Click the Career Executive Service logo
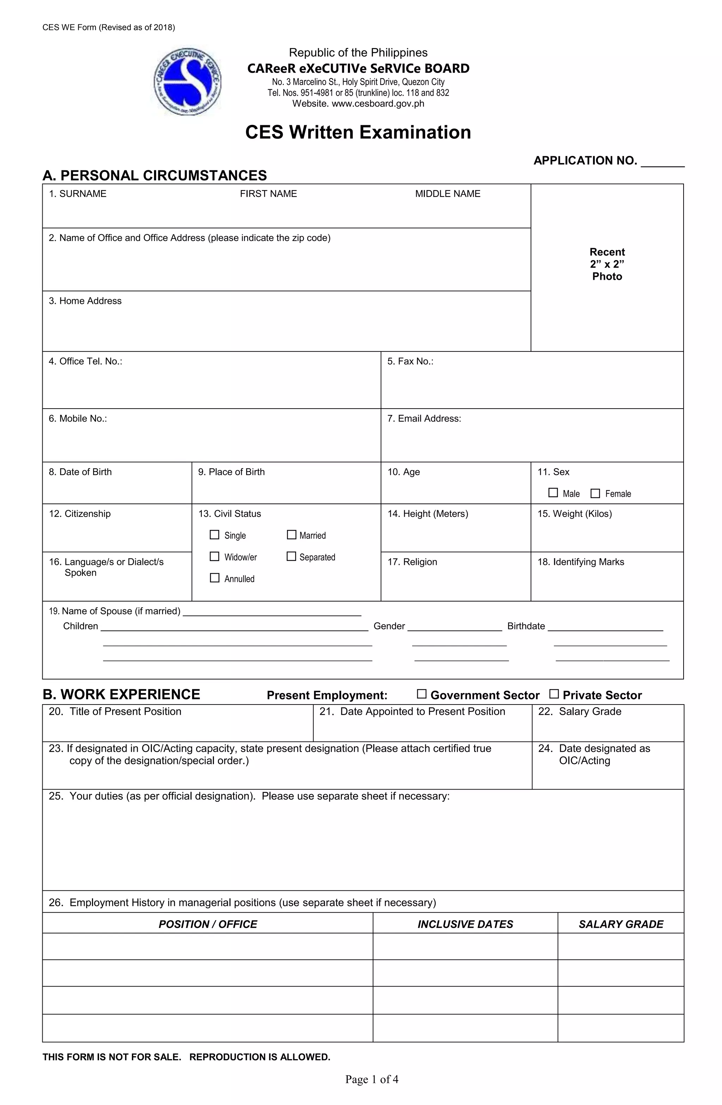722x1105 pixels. pyautogui.click(x=188, y=82)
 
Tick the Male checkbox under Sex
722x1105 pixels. pyautogui.click(x=553, y=493)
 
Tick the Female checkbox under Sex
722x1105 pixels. pyautogui.click(x=595, y=493)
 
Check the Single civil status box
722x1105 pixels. pyautogui.click(x=214, y=535)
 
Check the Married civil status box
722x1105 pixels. pyautogui.click(x=292, y=535)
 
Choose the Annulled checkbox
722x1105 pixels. pyautogui.click(x=214, y=578)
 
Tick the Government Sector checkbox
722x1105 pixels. pyautogui.click(x=421, y=694)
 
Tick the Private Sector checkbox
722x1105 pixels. pyautogui.click(x=553, y=694)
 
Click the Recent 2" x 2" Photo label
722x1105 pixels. pyautogui.click(x=607, y=264)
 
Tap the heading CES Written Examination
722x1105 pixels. pyautogui.click(x=358, y=132)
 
